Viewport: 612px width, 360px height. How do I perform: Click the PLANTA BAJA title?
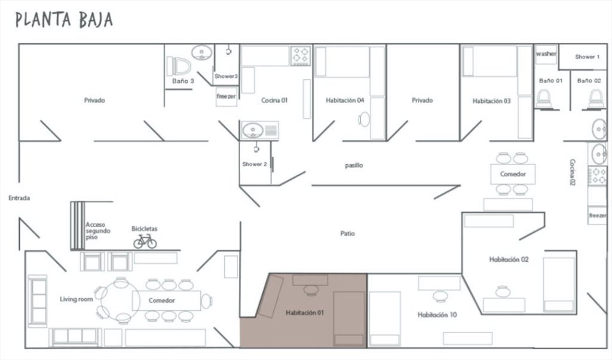click(64, 20)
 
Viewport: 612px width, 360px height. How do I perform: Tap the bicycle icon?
click(145, 242)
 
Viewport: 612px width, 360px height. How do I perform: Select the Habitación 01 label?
click(305, 312)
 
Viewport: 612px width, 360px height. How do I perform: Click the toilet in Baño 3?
click(179, 66)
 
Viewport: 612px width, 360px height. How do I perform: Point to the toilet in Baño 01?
click(543, 99)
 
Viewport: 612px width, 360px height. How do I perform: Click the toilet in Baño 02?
click(596, 99)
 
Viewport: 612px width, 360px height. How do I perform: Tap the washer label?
click(546, 53)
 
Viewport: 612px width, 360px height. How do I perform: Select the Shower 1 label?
click(587, 57)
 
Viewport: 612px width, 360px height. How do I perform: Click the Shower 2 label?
click(255, 164)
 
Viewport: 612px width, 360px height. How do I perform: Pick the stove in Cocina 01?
click(301, 56)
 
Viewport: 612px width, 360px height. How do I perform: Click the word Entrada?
click(19, 198)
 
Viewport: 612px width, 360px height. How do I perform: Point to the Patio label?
click(347, 233)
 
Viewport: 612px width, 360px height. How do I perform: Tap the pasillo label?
click(354, 166)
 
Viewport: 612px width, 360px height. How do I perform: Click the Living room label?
click(76, 299)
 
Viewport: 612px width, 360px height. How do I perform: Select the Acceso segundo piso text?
click(98, 231)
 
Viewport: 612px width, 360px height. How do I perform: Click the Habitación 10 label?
click(437, 315)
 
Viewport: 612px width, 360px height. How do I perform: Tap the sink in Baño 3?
click(202, 53)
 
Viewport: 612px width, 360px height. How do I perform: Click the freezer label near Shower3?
click(227, 96)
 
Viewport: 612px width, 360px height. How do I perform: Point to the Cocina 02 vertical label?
click(572, 172)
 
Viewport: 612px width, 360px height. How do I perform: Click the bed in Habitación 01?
click(349, 318)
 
